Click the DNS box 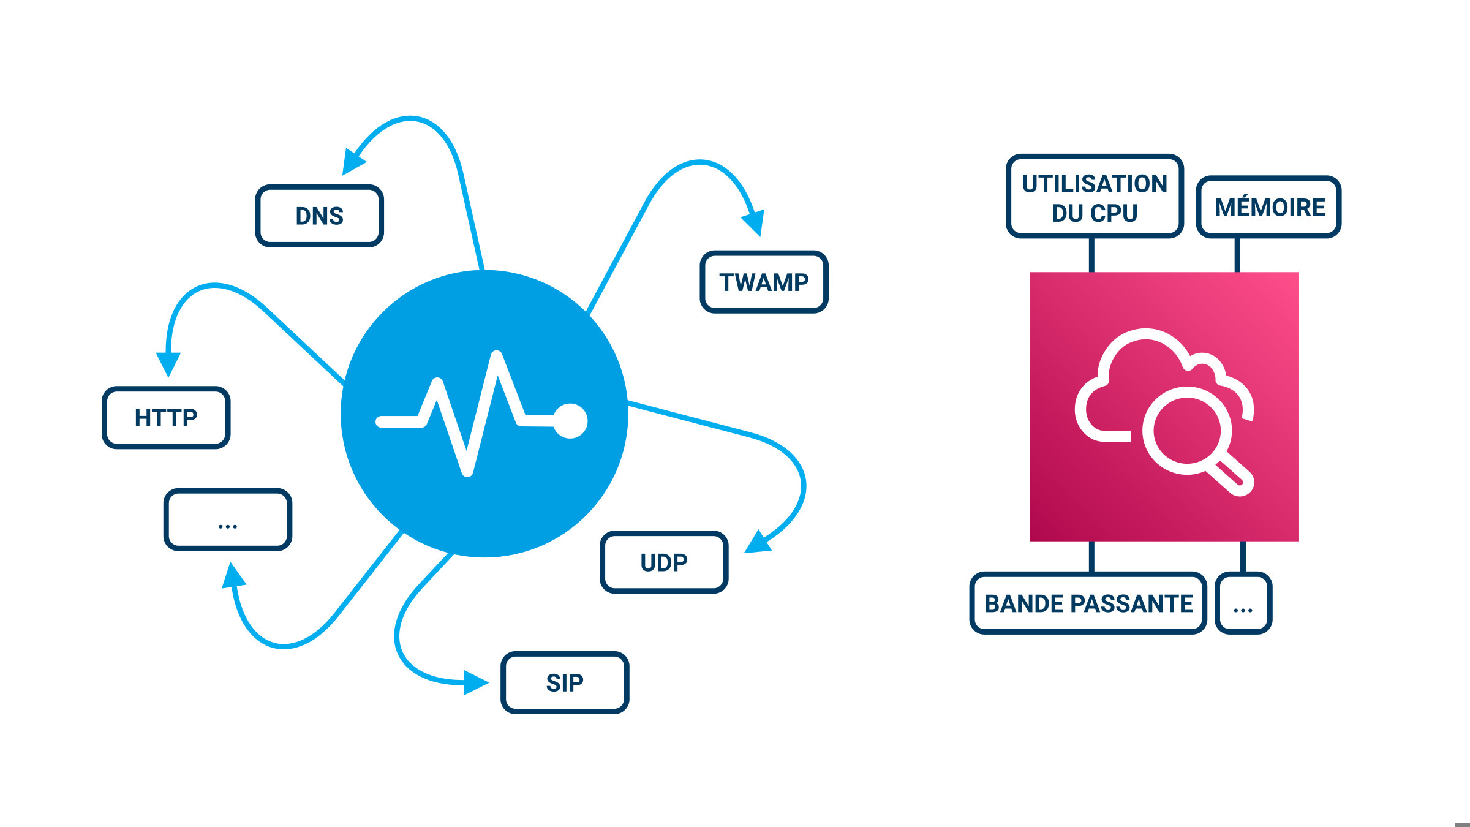click(319, 216)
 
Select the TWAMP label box click(764, 282)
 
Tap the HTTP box click(166, 417)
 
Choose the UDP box click(664, 562)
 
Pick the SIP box click(565, 682)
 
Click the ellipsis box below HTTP click(227, 519)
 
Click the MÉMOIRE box click(1269, 207)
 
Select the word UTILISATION click(1095, 184)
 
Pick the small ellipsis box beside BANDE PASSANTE click(1243, 603)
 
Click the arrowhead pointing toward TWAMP click(755, 222)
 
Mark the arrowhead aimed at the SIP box click(476, 682)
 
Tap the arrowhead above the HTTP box click(168, 363)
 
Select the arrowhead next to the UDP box click(758, 543)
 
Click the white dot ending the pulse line click(570, 421)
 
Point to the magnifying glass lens click(1186, 430)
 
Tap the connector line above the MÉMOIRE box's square click(1237, 254)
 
